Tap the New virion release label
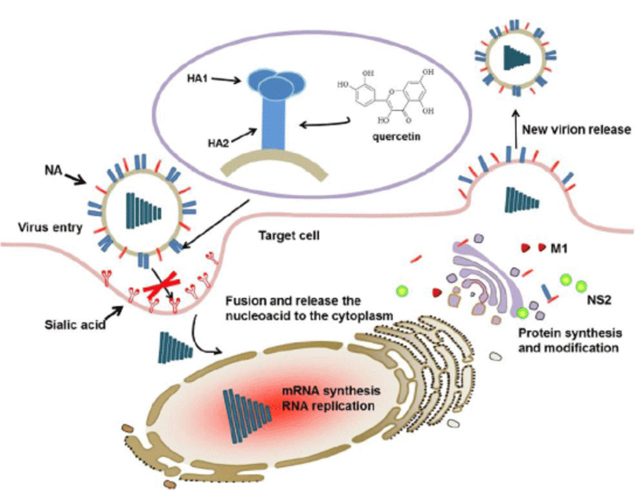click(x=576, y=130)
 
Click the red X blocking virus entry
click(x=166, y=286)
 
